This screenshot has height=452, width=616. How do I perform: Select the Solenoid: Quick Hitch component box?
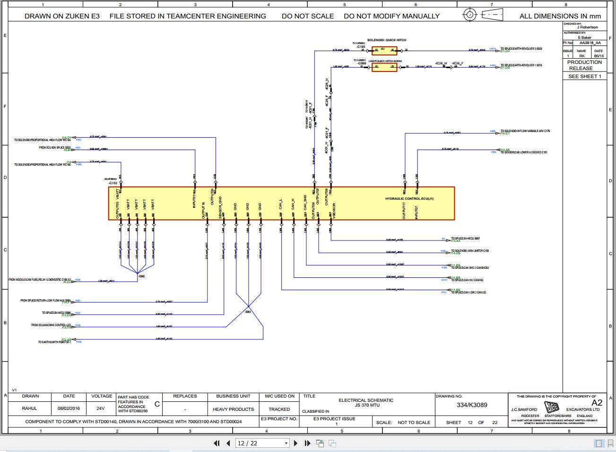point(384,50)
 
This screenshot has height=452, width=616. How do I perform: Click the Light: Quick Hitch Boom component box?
point(384,67)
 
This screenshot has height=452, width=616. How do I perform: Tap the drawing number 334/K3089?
point(471,405)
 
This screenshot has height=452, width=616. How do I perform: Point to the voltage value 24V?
point(100,408)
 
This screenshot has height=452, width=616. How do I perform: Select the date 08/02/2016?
point(69,408)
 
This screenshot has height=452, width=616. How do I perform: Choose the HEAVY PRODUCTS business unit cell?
point(233,409)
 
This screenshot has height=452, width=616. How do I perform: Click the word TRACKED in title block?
point(279,409)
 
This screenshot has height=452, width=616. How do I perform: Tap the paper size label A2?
point(597,403)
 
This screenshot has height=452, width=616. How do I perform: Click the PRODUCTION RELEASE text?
point(584,65)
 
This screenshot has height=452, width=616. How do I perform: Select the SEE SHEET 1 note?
point(584,76)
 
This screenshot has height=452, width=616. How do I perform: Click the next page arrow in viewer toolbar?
point(296,443)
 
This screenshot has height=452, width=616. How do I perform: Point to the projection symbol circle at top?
point(469,14)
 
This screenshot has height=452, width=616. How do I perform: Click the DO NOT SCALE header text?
point(307,16)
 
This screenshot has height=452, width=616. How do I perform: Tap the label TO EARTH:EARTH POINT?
point(54,342)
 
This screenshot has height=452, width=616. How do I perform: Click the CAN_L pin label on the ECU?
point(281,204)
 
